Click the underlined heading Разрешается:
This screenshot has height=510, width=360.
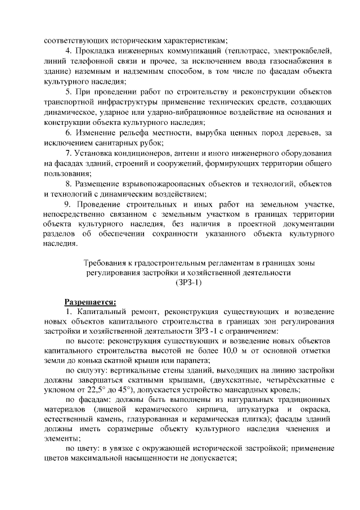pos(89,301)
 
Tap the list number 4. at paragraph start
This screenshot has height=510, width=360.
pos(69,50)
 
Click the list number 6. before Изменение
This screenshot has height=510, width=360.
pos(69,132)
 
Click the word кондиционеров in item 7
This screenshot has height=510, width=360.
pos(142,153)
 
